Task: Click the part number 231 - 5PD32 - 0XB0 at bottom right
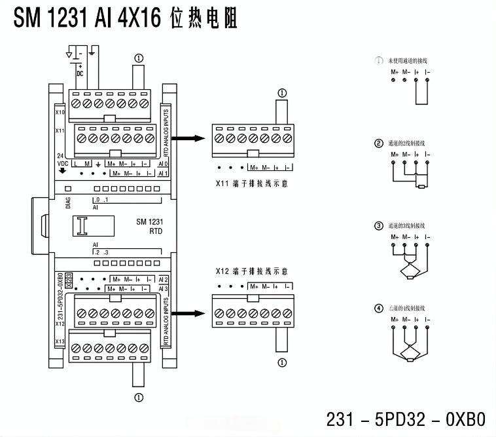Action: coord(406,418)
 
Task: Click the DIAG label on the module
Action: coord(68,203)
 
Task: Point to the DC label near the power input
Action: coord(80,73)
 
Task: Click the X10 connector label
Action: coord(60,112)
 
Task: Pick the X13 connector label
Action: coord(60,341)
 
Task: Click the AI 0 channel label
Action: coord(164,163)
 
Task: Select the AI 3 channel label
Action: coord(164,288)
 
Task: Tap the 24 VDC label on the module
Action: coord(63,159)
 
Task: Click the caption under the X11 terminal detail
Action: coord(252,184)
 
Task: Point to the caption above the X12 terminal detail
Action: coord(252,271)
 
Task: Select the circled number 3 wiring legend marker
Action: coord(378,226)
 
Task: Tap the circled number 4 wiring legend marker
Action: coord(378,308)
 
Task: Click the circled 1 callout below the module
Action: coord(139,397)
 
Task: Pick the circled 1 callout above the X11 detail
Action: coord(282,93)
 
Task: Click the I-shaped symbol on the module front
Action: coord(82,226)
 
